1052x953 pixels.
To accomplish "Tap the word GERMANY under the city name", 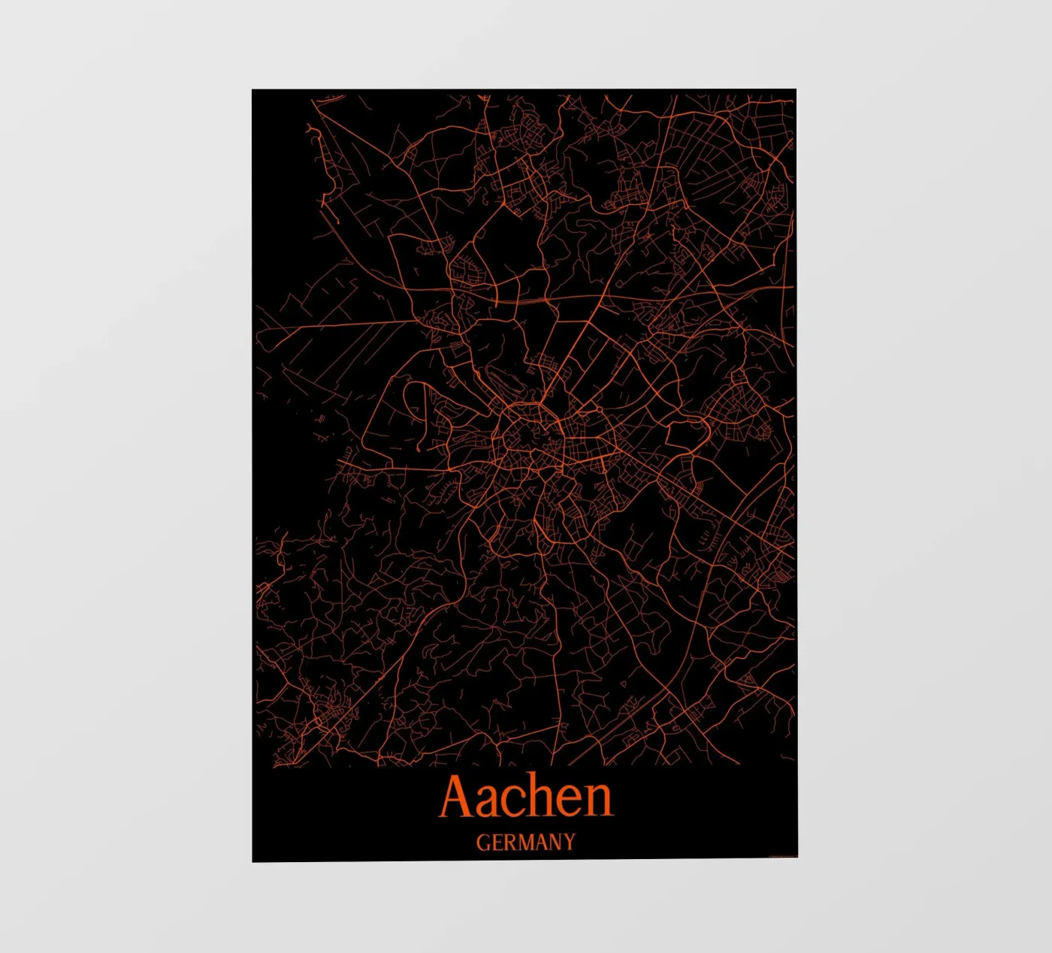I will click(525, 842).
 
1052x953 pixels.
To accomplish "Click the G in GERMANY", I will click(482, 842).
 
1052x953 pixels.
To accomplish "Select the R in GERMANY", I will click(508, 842).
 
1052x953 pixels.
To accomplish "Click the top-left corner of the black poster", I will click(252, 90).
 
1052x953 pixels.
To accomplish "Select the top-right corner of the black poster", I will click(796, 90).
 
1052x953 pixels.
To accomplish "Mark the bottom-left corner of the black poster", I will click(252, 861).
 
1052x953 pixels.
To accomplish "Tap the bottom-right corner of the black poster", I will click(797, 857).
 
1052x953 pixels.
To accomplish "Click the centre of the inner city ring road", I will click(530, 436).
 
